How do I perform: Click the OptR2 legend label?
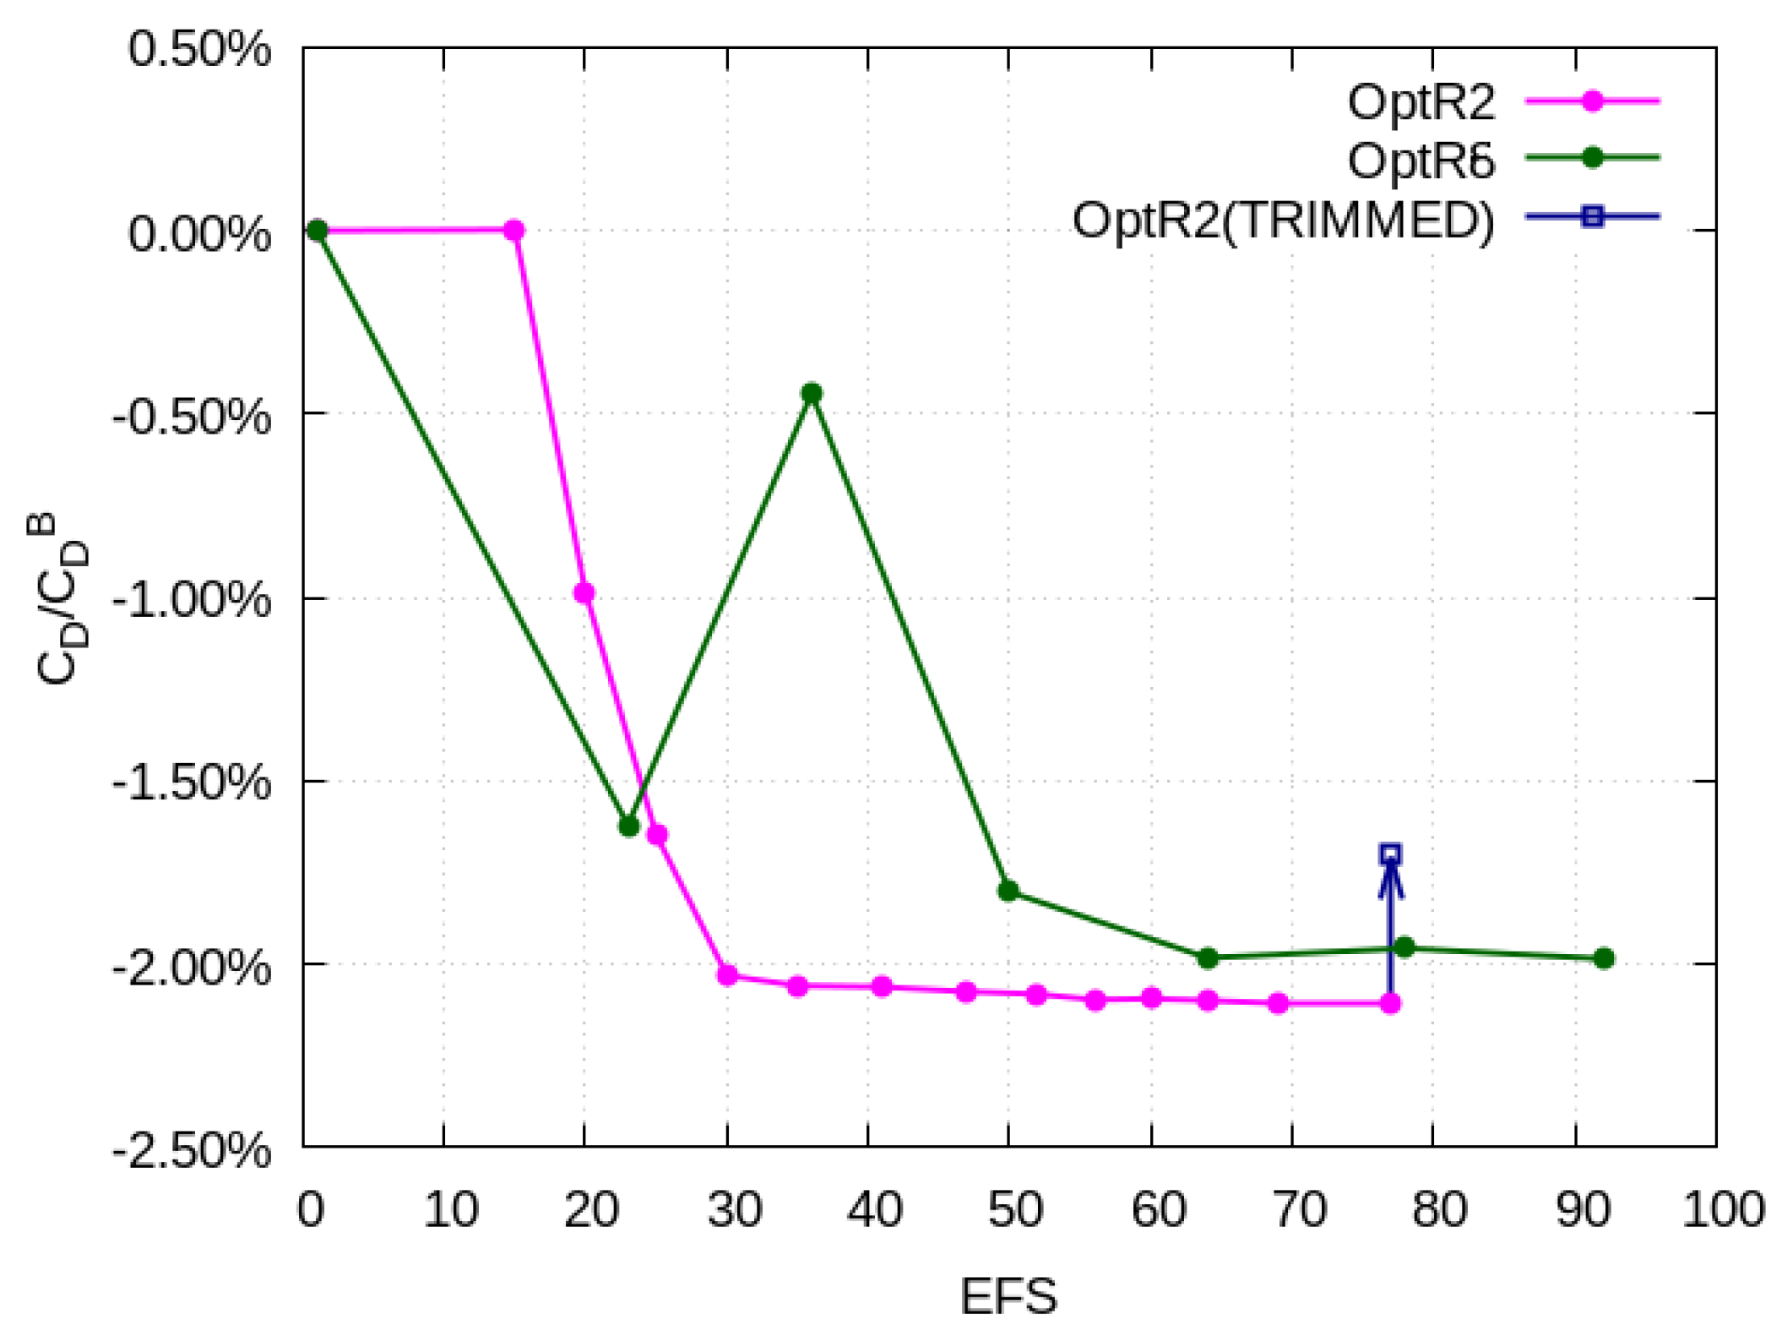pyautogui.click(x=1421, y=103)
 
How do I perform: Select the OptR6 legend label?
pyautogui.click(x=1421, y=161)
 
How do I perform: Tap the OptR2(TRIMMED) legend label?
pyautogui.click(x=1283, y=221)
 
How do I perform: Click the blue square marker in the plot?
pyautogui.click(x=1390, y=854)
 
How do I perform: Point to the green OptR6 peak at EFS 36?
pyautogui.click(x=812, y=393)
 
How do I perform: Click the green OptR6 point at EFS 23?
pyautogui.click(x=628, y=826)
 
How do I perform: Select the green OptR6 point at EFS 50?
pyautogui.click(x=1008, y=891)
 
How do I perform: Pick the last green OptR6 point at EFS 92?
pyautogui.click(x=1604, y=958)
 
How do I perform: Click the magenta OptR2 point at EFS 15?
pyautogui.click(x=514, y=230)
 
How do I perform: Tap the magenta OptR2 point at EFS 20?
pyautogui.click(x=584, y=592)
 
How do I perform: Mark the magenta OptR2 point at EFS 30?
pyautogui.click(x=727, y=975)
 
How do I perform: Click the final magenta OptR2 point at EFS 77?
pyautogui.click(x=1390, y=1003)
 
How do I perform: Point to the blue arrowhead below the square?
pyautogui.click(x=1390, y=879)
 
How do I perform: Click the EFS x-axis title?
pyautogui.click(x=1008, y=1296)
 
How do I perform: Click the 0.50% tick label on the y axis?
pyautogui.click(x=199, y=49)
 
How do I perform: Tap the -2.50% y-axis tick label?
pyautogui.click(x=192, y=1150)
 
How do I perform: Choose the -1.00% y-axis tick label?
pyautogui.click(x=192, y=601)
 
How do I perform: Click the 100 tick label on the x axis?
pyautogui.click(x=1723, y=1209)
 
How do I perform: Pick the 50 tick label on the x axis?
pyautogui.click(x=1014, y=1209)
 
